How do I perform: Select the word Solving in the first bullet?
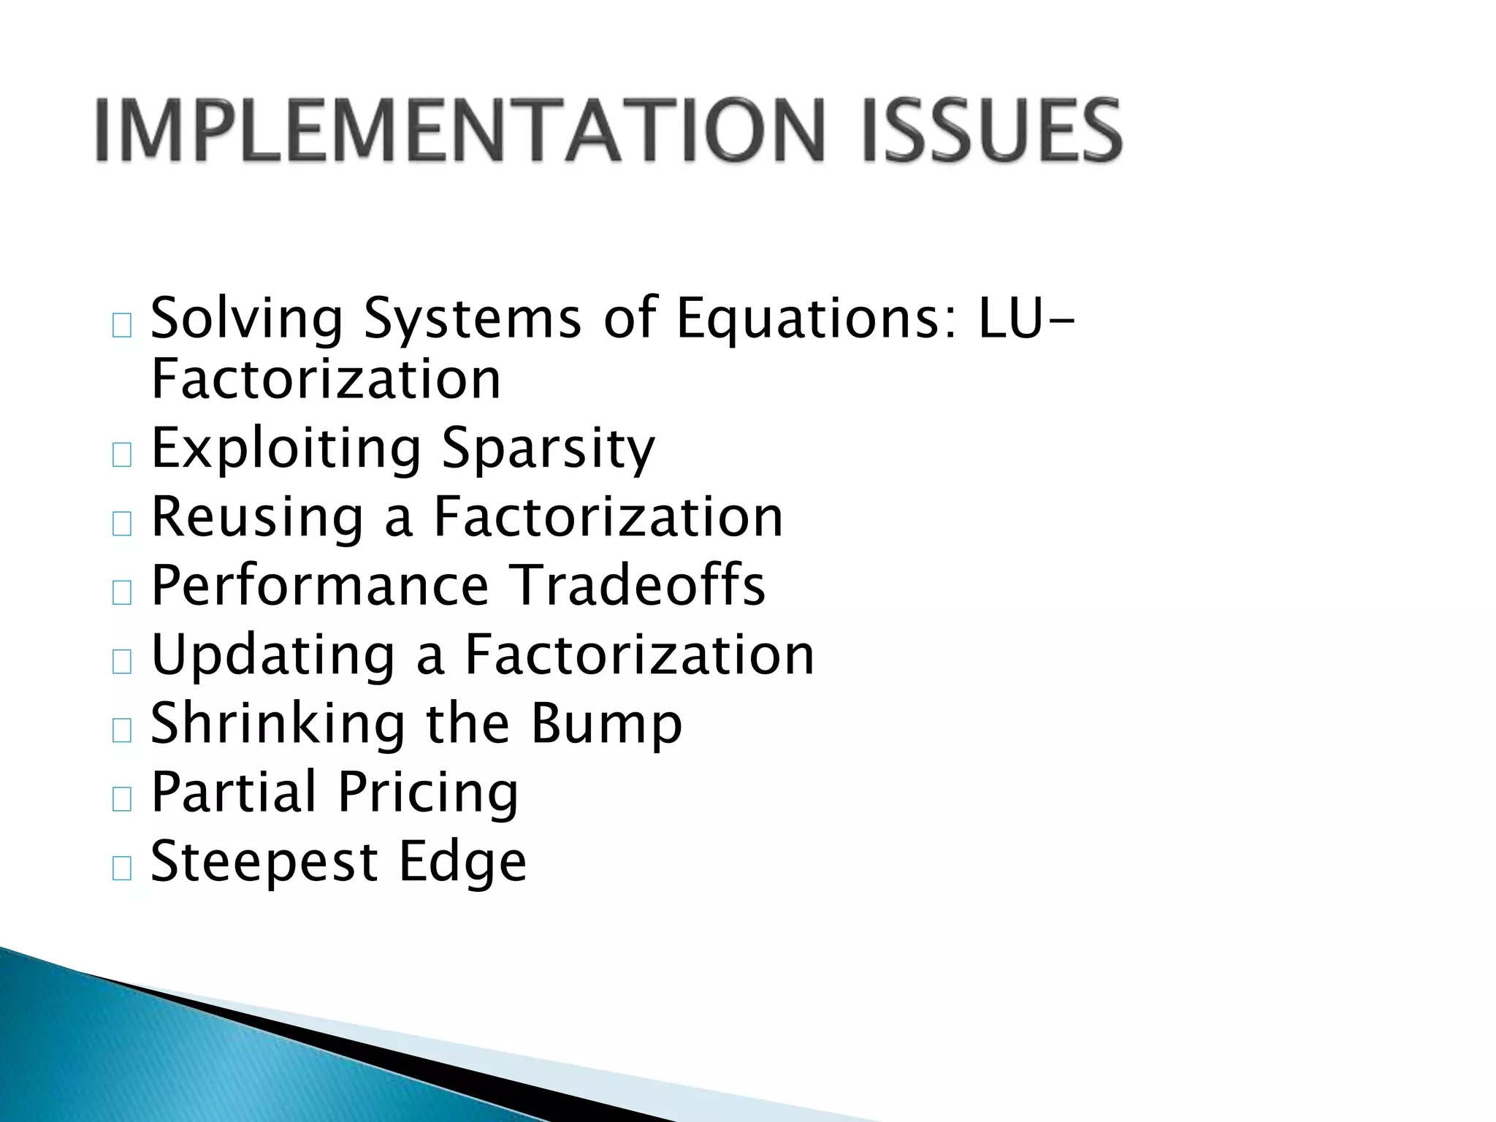click(x=247, y=319)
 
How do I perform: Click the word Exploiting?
click(x=286, y=449)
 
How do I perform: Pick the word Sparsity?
click(x=549, y=449)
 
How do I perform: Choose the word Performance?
click(x=319, y=585)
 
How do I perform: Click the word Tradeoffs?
click(x=636, y=585)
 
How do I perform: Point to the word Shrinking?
click(x=278, y=723)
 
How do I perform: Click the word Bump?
click(x=606, y=723)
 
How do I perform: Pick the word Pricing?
click(x=428, y=793)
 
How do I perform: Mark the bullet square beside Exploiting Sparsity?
click(x=122, y=454)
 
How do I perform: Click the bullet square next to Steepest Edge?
click(x=122, y=868)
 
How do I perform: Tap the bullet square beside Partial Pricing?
click(x=122, y=799)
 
